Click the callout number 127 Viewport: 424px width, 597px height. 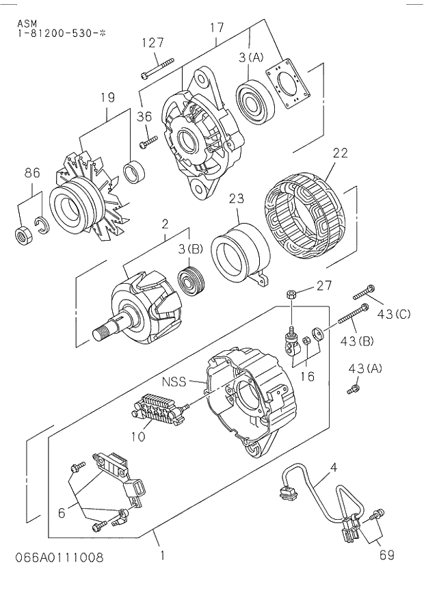153,42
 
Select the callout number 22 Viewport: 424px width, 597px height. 340,154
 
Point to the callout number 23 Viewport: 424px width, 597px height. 236,199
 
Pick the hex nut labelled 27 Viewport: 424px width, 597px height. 290,294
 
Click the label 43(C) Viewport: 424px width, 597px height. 393,314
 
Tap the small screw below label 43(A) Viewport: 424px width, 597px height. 355,389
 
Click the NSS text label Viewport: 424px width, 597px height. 174,382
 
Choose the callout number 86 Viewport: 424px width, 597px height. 33,173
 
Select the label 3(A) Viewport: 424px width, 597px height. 251,59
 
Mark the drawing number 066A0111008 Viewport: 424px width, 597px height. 59,557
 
